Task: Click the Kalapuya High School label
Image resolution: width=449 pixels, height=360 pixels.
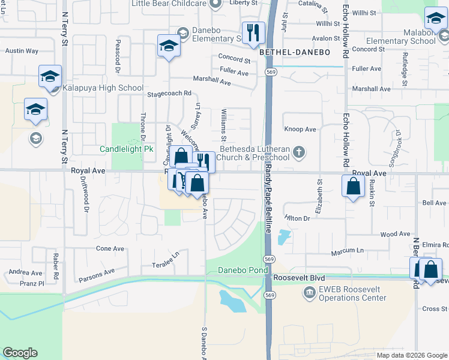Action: coord(104,88)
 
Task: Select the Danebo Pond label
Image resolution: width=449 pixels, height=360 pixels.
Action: coord(243,271)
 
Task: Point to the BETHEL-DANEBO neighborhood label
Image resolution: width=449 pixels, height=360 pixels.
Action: coord(295,53)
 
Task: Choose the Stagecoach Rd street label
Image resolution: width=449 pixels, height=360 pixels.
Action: coord(169,94)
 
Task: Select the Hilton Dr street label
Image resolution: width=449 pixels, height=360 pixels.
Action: coord(297,218)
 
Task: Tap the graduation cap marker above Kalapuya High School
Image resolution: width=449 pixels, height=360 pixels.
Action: coord(50,76)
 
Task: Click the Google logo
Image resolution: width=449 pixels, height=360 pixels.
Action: coord(20,353)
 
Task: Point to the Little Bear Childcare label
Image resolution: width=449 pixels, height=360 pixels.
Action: coord(170,2)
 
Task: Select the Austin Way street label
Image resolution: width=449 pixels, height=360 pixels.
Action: coord(22,52)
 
